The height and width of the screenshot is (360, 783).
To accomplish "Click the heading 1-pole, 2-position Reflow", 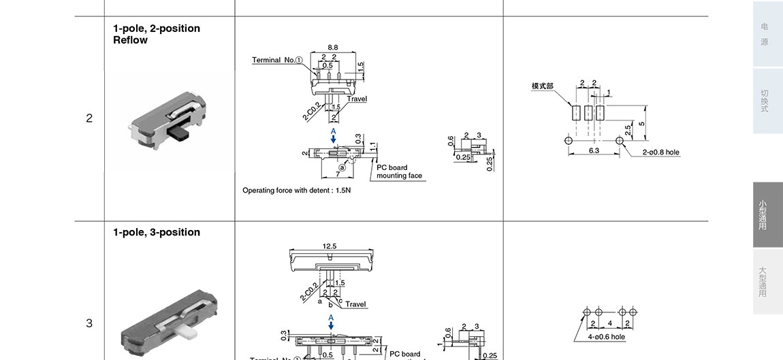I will click(157, 34).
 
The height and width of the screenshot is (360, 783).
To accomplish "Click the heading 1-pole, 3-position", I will click(157, 232).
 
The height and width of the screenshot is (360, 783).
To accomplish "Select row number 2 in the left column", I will click(89, 118).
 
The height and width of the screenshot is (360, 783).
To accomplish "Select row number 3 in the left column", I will click(89, 323).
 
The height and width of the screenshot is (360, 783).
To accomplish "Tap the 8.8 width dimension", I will click(332, 48).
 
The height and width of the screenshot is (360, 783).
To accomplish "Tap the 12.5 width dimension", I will click(330, 246).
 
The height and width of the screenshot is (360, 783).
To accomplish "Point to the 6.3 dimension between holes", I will click(594, 150).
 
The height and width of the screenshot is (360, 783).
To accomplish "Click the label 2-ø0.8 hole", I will click(660, 152).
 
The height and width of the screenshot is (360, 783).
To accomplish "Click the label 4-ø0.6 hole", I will click(606, 337).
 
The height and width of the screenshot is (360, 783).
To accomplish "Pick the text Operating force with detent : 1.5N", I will click(297, 191).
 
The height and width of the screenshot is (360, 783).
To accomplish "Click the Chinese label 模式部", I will click(543, 86).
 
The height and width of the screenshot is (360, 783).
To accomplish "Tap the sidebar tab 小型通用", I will click(763, 214).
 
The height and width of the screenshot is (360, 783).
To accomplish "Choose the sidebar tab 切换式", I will click(765, 101).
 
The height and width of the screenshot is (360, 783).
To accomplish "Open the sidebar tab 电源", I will click(765, 34).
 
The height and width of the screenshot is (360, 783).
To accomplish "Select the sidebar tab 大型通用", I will click(763, 282).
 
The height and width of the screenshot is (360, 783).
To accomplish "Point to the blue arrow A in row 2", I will click(334, 135).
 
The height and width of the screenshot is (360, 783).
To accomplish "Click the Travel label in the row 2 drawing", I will click(357, 99).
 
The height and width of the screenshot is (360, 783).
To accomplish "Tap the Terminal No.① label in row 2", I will click(277, 60).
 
